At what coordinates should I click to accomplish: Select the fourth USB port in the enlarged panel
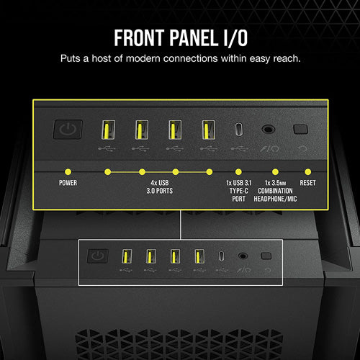[209, 130]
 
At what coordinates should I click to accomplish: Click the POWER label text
[68, 183]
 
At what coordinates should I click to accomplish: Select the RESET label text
[308, 183]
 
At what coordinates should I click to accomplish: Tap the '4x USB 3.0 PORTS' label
[158, 187]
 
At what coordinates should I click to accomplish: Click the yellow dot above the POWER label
[68, 172]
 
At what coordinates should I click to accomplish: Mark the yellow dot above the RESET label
[308, 172]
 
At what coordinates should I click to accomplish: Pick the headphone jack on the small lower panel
[243, 255]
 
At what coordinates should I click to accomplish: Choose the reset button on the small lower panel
[266, 255]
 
